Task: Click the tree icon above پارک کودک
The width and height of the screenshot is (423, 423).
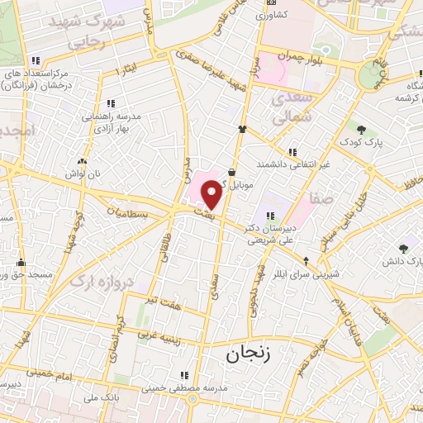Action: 362,128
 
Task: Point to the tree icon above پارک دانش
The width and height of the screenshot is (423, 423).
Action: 403,248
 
